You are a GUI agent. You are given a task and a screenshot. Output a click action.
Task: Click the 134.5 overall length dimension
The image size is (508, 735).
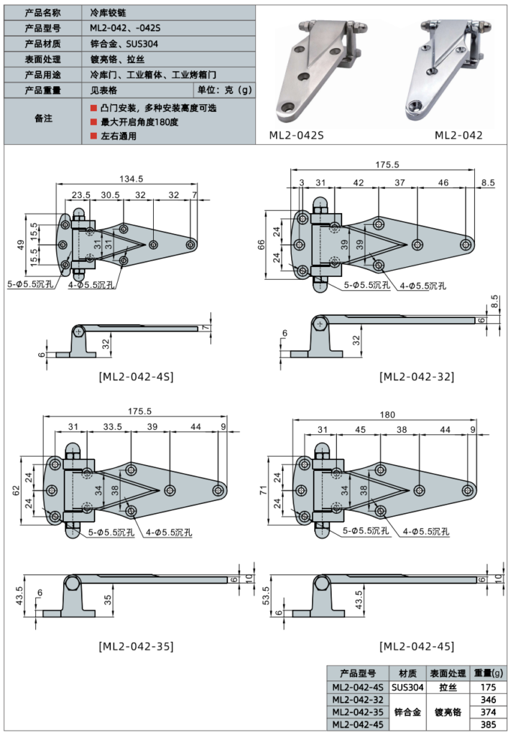(130, 179)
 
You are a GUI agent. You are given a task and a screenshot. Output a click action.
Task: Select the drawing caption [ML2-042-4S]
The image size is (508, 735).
(135, 376)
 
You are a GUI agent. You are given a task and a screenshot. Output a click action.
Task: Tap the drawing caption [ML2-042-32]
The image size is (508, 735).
(417, 376)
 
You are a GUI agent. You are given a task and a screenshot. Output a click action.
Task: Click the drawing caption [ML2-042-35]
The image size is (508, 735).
(135, 646)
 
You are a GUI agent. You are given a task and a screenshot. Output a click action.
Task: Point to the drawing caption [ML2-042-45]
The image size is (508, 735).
(417, 646)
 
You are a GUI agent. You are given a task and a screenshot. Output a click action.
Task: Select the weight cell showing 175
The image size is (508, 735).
(489, 687)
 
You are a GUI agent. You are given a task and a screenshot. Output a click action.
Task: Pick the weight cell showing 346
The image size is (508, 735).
(489, 699)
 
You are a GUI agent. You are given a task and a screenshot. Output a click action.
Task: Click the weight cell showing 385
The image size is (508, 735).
(489, 725)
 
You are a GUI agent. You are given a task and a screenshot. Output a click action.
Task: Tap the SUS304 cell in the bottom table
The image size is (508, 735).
(407, 687)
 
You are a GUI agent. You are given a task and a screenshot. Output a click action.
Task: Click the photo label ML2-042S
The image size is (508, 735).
(297, 134)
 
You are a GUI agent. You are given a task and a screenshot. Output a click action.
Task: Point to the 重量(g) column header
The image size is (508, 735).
(489, 673)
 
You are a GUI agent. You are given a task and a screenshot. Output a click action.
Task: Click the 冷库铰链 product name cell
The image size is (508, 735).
(106, 12)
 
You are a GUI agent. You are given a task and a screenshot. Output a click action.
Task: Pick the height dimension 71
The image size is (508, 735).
(263, 490)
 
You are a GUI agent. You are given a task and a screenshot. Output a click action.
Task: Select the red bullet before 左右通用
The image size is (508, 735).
(93, 136)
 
